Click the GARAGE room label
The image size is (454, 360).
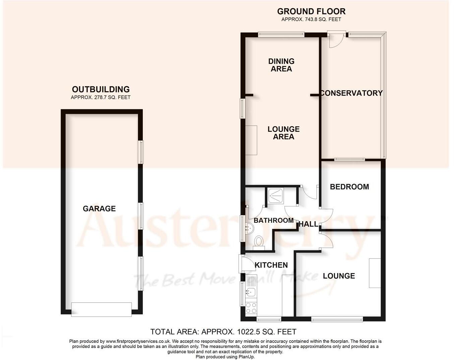(x=99, y=208)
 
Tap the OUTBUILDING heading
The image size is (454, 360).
(x=101, y=89)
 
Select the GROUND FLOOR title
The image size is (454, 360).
(x=311, y=11)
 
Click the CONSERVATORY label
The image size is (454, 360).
(x=351, y=93)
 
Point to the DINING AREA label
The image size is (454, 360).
(x=281, y=65)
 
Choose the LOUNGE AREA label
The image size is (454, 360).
(x=283, y=133)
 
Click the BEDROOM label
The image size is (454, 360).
(x=349, y=187)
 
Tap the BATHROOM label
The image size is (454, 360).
(x=273, y=221)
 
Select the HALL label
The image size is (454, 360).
(x=308, y=224)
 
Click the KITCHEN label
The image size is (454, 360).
(x=271, y=265)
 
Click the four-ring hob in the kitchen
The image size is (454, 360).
(x=251, y=308)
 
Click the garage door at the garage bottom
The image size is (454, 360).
(x=102, y=309)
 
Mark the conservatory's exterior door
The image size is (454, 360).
(x=336, y=40)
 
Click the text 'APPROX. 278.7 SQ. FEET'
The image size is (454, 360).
(x=101, y=98)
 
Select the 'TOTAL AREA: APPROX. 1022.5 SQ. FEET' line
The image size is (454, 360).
(x=223, y=332)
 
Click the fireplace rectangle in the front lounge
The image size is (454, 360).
(x=375, y=273)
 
